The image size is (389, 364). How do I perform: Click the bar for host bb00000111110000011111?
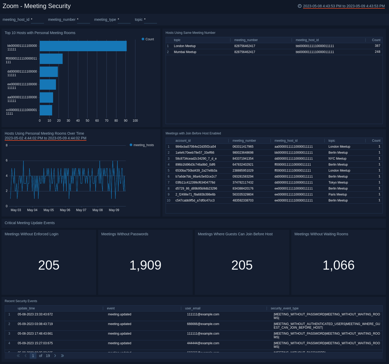click(x=83, y=46)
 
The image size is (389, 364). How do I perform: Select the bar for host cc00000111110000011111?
click(x=46, y=110)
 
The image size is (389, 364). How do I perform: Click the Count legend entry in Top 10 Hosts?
click(x=148, y=39)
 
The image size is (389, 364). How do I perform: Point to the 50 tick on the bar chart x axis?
click(x=87, y=121)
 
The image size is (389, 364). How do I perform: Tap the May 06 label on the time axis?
click(x=65, y=210)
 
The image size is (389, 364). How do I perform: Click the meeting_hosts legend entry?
click(x=142, y=145)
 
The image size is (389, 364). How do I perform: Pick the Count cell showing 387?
click(x=377, y=46)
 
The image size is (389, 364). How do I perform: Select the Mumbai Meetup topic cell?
click(x=185, y=52)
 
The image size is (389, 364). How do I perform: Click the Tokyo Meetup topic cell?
click(x=338, y=183)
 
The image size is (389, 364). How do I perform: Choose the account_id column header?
click(x=183, y=141)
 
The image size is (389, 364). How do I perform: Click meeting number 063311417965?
click(x=243, y=147)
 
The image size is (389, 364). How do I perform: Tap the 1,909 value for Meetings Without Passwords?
click(x=145, y=265)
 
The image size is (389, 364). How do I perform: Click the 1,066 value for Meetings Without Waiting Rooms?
click(x=338, y=265)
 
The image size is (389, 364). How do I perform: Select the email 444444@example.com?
click(x=203, y=343)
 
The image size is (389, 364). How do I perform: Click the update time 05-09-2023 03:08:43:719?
click(x=35, y=324)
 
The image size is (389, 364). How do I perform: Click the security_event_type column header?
click(x=284, y=308)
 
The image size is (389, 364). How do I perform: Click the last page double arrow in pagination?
click(x=62, y=356)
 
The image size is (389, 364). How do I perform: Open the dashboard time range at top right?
click(x=343, y=6)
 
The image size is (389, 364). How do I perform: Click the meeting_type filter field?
click(x=124, y=20)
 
